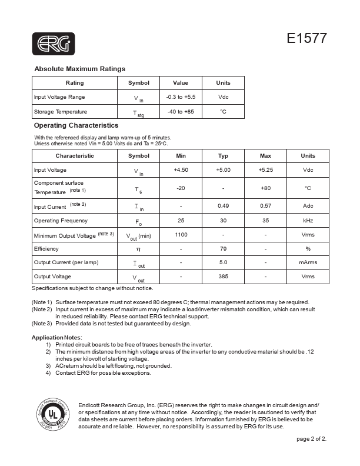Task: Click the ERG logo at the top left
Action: [x=53, y=44]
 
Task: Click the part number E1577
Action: [x=306, y=39]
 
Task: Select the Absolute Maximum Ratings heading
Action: [x=79, y=69]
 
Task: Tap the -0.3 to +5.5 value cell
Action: [x=181, y=97]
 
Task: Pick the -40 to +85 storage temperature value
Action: [x=181, y=112]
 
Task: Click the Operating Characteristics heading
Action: [x=76, y=125]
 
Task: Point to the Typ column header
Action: [x=223, y=156]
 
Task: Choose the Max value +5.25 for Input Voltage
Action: [x=265, y=170]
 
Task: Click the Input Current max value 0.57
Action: [x=265, y=206]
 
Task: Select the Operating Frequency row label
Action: [x=61, y=221]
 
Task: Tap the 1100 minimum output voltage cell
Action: [x=181, y=235]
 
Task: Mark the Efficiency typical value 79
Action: [x=223, y=249]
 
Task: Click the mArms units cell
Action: [x=308, y=262]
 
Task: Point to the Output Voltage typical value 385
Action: [x=223, y=277]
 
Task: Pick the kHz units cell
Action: [x=308, y=221]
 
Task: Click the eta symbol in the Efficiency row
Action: [x=139, y=249]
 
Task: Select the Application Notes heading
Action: [x=56, y=337]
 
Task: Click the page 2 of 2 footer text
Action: [x=311, y=439]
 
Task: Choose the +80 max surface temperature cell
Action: [x=265, y=188]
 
